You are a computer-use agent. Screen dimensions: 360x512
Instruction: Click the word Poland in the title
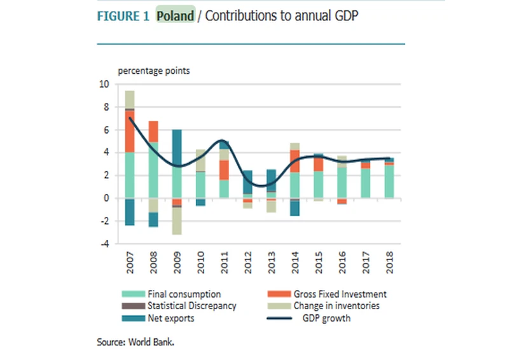tap(176, 16)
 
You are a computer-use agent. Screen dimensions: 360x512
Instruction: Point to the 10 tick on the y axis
tap(105, 84)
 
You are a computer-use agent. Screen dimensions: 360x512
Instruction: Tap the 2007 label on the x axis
tap(130, 263)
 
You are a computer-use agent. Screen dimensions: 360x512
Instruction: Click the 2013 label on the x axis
tap(271, 263)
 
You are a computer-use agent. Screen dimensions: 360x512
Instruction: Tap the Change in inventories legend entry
tap(336, 306)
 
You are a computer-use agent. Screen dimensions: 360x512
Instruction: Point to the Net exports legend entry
tap(170, 318)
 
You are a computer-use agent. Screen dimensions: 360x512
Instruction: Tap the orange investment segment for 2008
tap(153, 132)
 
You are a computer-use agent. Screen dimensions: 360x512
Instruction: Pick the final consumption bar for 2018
tap(389, 181)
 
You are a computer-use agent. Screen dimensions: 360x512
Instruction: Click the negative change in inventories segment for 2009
tap(177, 221)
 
